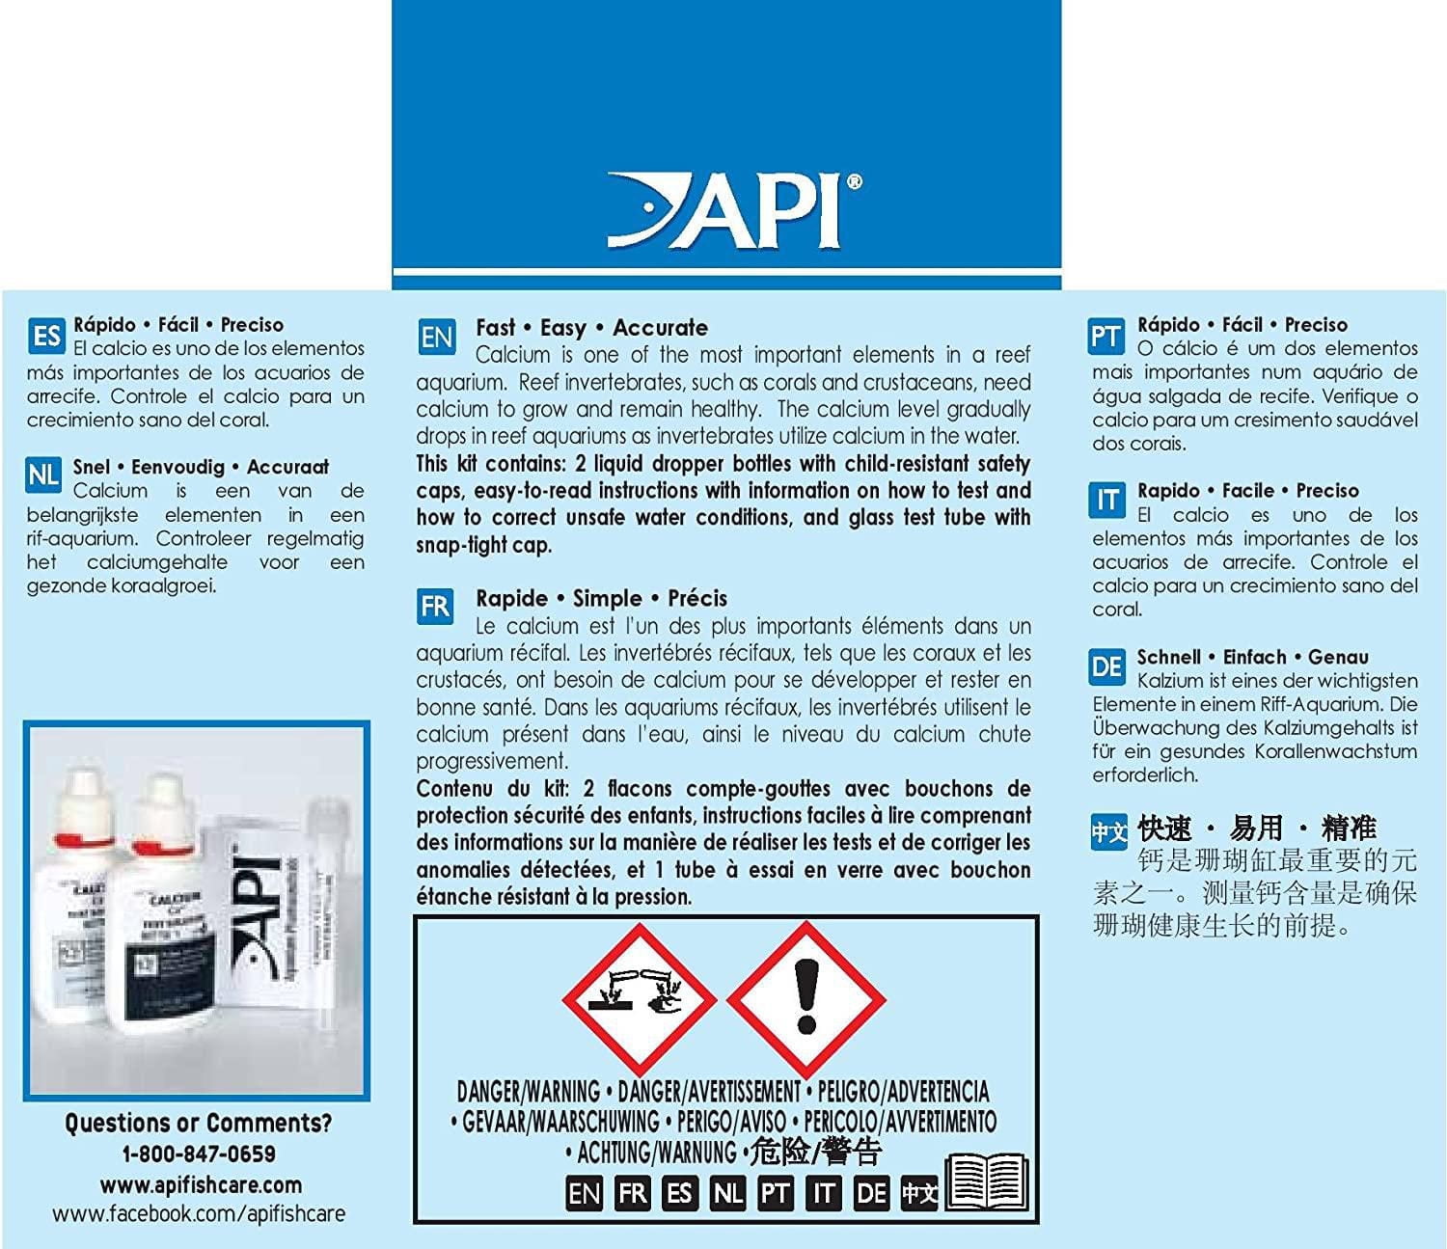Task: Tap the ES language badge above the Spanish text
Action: [46, 337]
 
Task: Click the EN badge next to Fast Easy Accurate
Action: [437, 338]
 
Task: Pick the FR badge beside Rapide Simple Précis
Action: [435, 607]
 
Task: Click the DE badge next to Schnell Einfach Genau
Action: [1107, 666]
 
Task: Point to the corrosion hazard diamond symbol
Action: [639, 997]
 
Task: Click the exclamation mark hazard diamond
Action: [805, 997]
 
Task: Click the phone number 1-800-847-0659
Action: [199, 1154]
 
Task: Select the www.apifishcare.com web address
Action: [201, 1184]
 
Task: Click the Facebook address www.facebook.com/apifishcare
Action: [199, 1214]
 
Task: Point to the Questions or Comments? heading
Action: [199, 1123]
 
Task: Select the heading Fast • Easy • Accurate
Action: [591, 328]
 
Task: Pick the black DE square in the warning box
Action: [871, 1194]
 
